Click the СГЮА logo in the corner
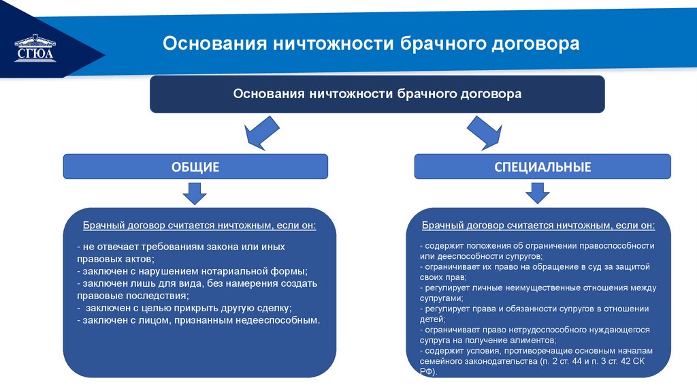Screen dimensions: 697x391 point(35,48)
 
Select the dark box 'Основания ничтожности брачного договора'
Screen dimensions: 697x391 point(377,94)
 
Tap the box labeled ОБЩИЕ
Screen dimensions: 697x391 point(195,166)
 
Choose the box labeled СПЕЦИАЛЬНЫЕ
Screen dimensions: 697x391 point(542,166)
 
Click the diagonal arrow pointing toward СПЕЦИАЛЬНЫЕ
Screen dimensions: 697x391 point(485,132)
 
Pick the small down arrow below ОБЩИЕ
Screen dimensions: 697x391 point(195,194)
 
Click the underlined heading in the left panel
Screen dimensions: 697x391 point(199,225)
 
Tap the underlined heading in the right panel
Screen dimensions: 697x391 point(538,225)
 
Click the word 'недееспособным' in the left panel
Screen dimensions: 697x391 point(280,319)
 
